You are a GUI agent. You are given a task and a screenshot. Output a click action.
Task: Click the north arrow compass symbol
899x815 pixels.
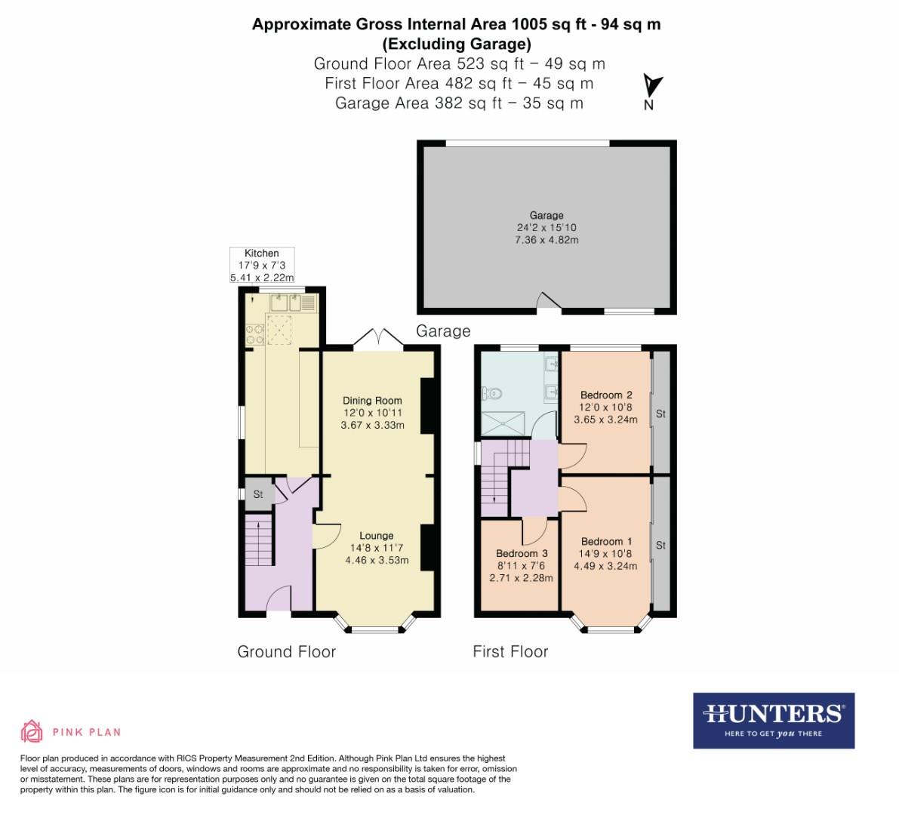tap(651, 85)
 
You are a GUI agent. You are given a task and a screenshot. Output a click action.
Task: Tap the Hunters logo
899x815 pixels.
tap(774, 720)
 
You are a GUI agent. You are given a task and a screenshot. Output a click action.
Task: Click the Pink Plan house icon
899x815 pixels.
tap(32, 730)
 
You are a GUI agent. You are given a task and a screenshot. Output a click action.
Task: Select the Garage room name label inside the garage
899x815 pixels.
tap(546, 215)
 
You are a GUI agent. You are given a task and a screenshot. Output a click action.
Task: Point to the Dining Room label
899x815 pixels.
tap(372, 400)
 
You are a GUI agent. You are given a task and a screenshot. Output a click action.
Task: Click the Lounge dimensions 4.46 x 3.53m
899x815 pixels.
tap(377, 560)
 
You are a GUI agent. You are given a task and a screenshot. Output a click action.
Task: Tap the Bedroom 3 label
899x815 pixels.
tap(522, 553)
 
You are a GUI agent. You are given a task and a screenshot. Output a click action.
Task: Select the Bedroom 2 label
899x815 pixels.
tap(606, 395)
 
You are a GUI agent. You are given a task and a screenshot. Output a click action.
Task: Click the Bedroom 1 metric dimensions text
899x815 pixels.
tap(606, 566)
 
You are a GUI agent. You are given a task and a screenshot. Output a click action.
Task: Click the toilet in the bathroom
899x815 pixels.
tap(493, 392)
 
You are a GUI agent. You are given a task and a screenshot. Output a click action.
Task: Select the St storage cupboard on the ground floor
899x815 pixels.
tap(257, 494)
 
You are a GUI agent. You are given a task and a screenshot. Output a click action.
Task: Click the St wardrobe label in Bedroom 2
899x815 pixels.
tap(660, 414)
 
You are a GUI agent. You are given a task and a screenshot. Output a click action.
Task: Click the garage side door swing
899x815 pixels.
tap(548, 302)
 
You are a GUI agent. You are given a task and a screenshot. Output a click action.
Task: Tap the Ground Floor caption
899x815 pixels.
tap(286, 651)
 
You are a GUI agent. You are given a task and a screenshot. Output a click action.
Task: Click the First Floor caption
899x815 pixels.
tap(510, 651)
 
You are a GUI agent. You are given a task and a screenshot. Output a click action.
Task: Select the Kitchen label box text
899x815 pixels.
tap(262, 253)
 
